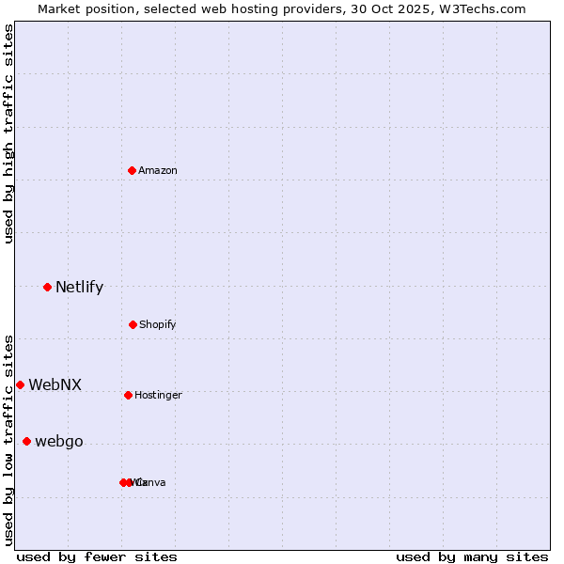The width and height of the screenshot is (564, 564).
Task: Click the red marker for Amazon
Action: [x=133, y=170]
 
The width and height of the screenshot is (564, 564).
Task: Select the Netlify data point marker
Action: [x=47, y=287]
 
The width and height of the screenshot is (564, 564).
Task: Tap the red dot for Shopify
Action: [x=133, y=324]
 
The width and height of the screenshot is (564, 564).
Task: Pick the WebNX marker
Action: [x=20, y=384]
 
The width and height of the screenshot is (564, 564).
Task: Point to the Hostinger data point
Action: [x=128, y=395]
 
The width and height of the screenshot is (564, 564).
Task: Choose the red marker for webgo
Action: [x=26, y=442]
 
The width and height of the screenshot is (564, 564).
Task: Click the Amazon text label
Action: [x=158, y=170]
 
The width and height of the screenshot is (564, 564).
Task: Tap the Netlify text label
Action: [x=79, y=288]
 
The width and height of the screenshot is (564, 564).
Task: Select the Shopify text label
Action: [x=158, y=324]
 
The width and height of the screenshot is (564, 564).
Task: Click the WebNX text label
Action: [x=55, y=384]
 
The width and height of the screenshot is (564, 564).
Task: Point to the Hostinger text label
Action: [x=158, y=395]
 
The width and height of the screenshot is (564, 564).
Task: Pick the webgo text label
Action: [x=58, y=442]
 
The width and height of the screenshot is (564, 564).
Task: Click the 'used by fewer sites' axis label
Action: [x=97, y=556]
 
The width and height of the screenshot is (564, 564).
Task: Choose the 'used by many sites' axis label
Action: [x=472, y=556]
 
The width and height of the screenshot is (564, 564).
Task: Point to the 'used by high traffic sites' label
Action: [x=8, y=133]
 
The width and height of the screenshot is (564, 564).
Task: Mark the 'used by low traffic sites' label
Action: [x=8, y=440]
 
